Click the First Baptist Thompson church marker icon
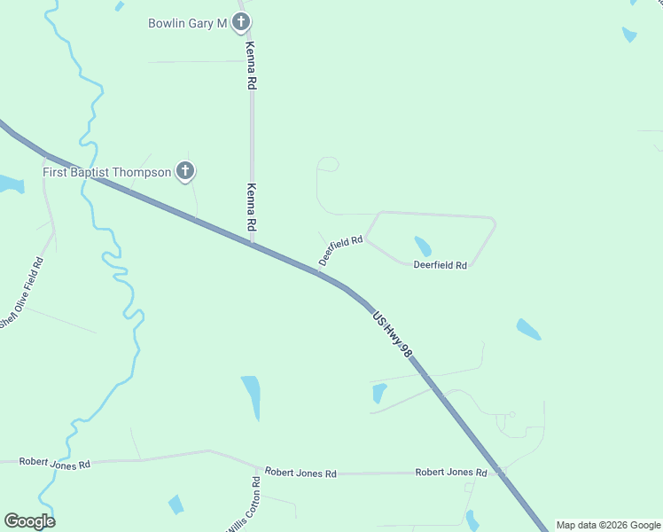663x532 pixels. [x=185, y=171]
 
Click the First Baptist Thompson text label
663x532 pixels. [x=107, y=171]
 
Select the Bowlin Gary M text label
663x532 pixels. [x=187, y=23]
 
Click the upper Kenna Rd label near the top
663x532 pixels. [x=251, y=66]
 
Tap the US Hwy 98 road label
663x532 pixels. [x=393, y=333]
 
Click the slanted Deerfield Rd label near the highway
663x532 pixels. [x=341, y=251]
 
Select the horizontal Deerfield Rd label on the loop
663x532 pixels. [x=440, y=265]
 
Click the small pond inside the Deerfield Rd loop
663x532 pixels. [x=423, y=246]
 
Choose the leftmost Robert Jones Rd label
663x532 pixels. [x=55, y=464]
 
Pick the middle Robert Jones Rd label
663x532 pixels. [x=300, y=473]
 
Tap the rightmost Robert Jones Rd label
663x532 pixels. [x=451, y=473]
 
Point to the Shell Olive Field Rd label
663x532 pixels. [x=21, y=293]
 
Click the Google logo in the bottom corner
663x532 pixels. [x=29, y=521]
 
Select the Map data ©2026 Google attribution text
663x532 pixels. [x=608, y=525]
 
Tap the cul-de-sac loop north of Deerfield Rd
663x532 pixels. [x=328, y=164]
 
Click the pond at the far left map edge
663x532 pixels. [x=9, y=184]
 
